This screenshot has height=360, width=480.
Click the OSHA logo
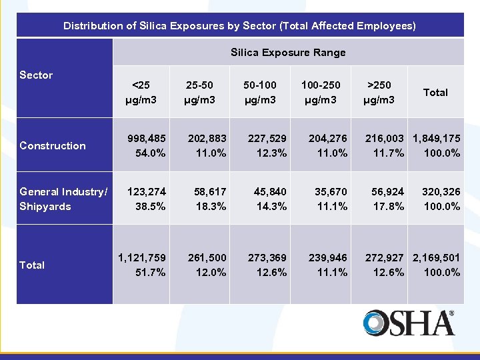pyautogui.click(x=409, y=323)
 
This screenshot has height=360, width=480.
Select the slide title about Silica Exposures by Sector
pyautogui.click(x=239, y=26)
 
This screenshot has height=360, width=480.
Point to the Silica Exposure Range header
pyautogui.click(x=288, y=52)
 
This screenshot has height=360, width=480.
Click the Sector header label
pyautogui.click(x=36, y=75)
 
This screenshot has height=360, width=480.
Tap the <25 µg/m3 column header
pyautogui.click(x=141, y=92)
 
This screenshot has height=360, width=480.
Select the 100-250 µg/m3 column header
pyautogui.click(x=321, y=92)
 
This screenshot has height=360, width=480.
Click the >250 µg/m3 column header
pyautogui.click(x=379, y=92)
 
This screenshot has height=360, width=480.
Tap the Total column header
pyautogui.click(x=435, y=92)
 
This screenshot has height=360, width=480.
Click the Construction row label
pyautogui.click(x=53, y=145)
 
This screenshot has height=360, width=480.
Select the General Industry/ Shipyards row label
pyautogui.click(x=63, y=199)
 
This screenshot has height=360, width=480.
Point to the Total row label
pyautogui.click(x=32, y=265)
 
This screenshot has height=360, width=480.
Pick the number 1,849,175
pyautogui.click(x=436, y=139)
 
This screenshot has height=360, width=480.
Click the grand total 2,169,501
pyautogui.click(x=436, y=258)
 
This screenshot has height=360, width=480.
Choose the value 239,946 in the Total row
pyautogui.click(x=328, y=258)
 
